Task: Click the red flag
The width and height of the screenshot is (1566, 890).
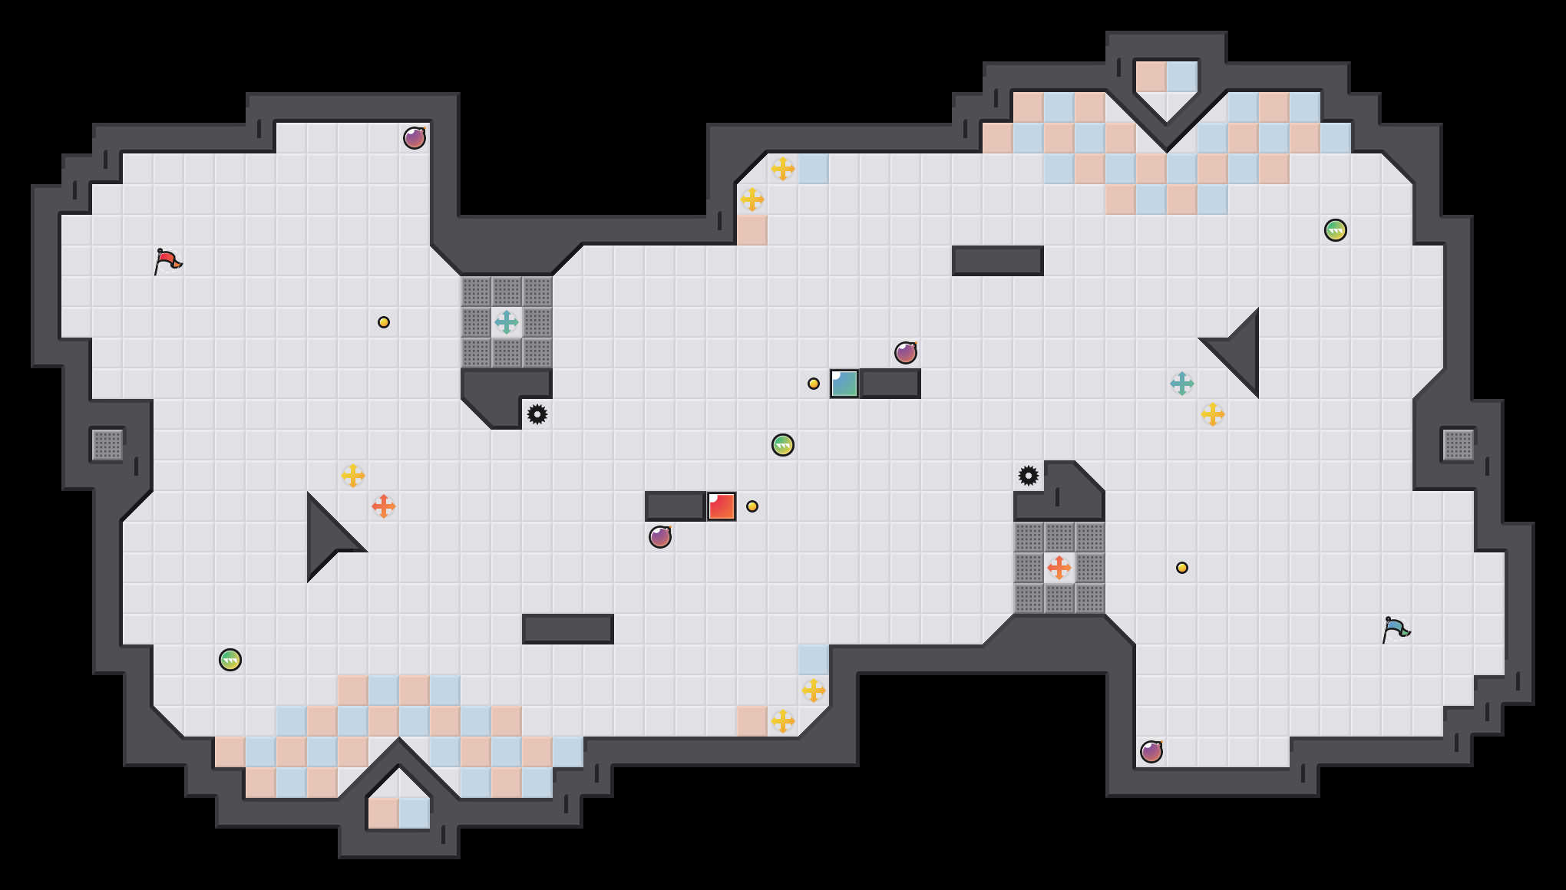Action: pyautogui.click(x=167, y=261)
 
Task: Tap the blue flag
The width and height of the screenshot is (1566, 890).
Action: pyautogui.click(x=1396, y=629)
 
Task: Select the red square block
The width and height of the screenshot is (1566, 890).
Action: pyautogui.click(x=722, y=506)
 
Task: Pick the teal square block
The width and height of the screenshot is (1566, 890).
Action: pyautogui.click(x=844, y=384)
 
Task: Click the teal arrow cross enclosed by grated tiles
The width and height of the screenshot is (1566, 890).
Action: pyautogui.click(x=507, y=322)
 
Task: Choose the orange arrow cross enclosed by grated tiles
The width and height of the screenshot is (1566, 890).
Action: pyautogui.click(x=1059, y=568)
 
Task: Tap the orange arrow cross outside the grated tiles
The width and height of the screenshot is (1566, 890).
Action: pyautogui.click(x=384, y=506)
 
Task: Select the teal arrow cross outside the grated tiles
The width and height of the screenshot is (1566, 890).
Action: pyautogui.click(x=1182, y=384)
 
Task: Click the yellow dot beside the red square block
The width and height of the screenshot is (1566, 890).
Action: pyautogui.click(x=752, y=506)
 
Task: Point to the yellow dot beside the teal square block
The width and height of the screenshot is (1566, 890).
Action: pyautogui.click(x=814, y=384)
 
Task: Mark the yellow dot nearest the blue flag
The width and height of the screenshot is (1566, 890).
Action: pyautogui.click(x=1182, y=568)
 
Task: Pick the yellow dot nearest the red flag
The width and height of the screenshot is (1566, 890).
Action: pyautogui.click(x=384, y=322)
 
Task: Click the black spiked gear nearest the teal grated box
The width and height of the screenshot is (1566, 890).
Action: pyautogui.click(x=537, y=414)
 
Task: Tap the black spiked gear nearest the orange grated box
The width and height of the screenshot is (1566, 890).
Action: pyautogui.click(x=1029, y=476)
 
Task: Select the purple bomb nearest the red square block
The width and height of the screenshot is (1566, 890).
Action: pyautogui.click(x=660, y=537)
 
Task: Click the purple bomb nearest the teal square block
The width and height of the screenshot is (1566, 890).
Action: pyautogui.click(x=906, y=353)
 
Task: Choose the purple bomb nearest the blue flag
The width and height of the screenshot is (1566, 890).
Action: pyautogui.click(x=1151, y=752)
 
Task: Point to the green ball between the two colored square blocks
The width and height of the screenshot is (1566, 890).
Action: pyautogui.click(x=783, y=445)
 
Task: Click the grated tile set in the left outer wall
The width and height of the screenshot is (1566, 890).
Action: pyautogui.click(x=107, y=445)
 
